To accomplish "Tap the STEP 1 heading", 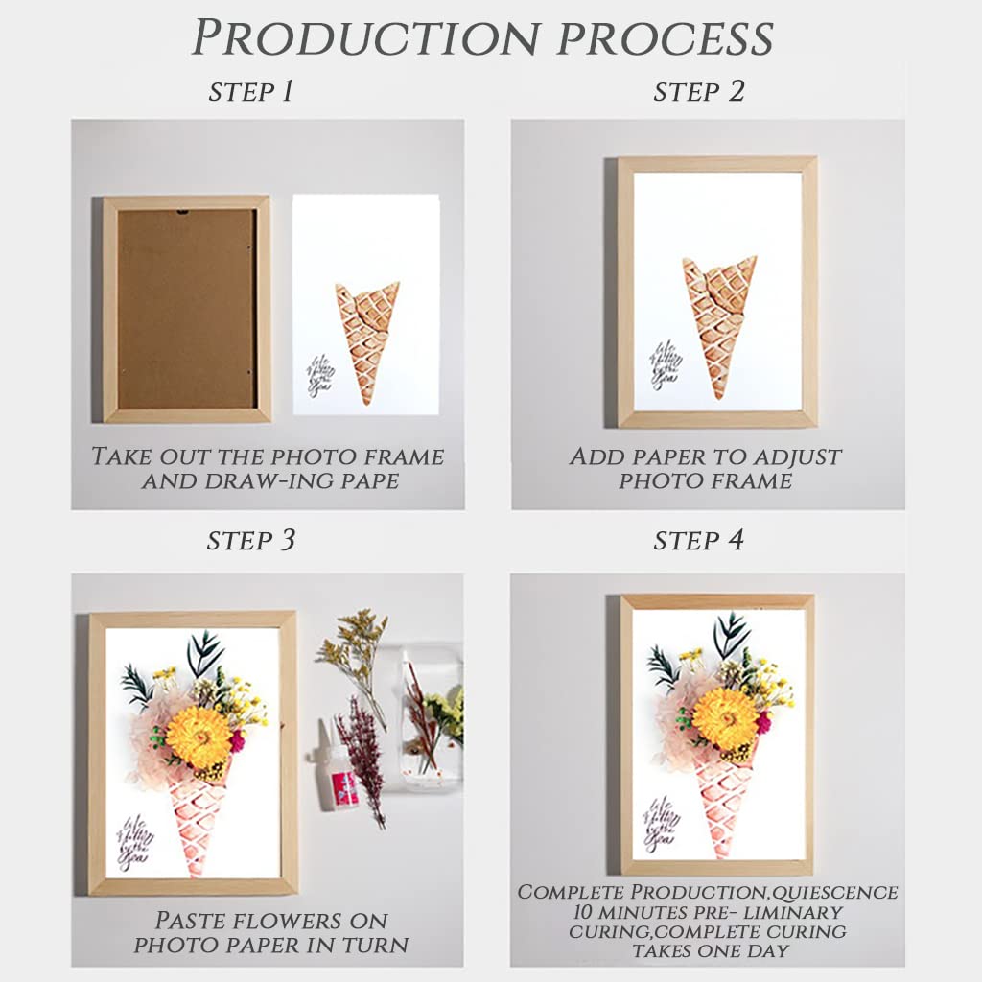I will point(250,92).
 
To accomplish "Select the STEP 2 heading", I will point(699,92).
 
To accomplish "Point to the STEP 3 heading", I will point(250,541).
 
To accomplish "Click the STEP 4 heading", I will point(699,541).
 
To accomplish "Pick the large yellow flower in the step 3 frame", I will point(199,736).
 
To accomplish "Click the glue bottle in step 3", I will point(341,777).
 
